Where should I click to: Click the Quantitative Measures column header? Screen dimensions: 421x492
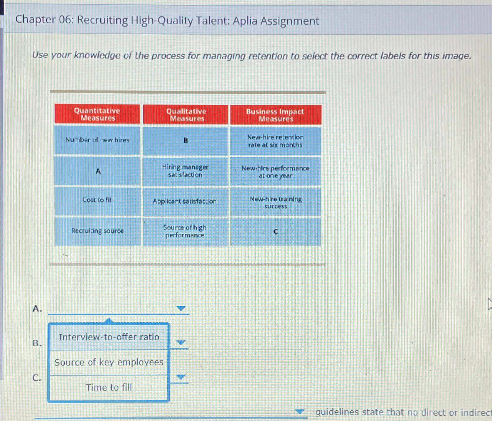97,114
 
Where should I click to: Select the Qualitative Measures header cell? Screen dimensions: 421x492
186,115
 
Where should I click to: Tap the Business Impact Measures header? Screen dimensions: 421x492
275,115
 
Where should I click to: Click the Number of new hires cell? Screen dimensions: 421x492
97,140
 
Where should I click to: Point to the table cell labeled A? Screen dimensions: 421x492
98,171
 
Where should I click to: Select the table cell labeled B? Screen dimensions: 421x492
186,141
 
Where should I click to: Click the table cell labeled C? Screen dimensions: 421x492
275,232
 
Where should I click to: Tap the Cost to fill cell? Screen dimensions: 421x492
97,200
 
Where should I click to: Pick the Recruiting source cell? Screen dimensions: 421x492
97,231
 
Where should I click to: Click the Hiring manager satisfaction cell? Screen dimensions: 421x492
185,171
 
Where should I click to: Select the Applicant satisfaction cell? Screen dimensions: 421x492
185,201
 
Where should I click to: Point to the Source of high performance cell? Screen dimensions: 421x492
185,231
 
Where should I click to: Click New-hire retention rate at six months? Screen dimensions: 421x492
275,141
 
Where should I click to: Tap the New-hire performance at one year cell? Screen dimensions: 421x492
275,172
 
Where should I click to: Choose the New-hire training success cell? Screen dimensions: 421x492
275,203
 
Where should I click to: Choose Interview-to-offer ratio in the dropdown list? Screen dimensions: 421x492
109,337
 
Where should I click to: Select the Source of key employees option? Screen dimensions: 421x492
109,362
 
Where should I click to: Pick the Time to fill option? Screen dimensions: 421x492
109,388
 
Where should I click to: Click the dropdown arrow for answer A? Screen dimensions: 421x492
181,308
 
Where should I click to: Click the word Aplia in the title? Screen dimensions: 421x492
245,21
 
